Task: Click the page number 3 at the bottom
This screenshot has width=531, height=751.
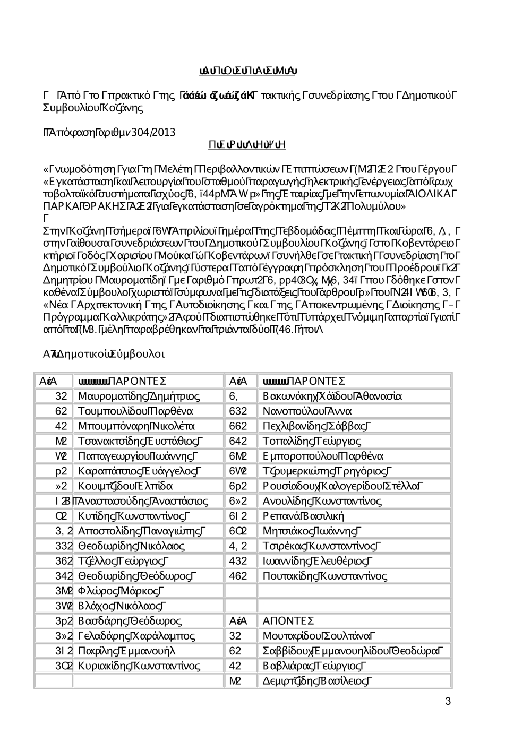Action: click(x=448, y=702)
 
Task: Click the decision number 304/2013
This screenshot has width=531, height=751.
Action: click(x=157, y=132)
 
